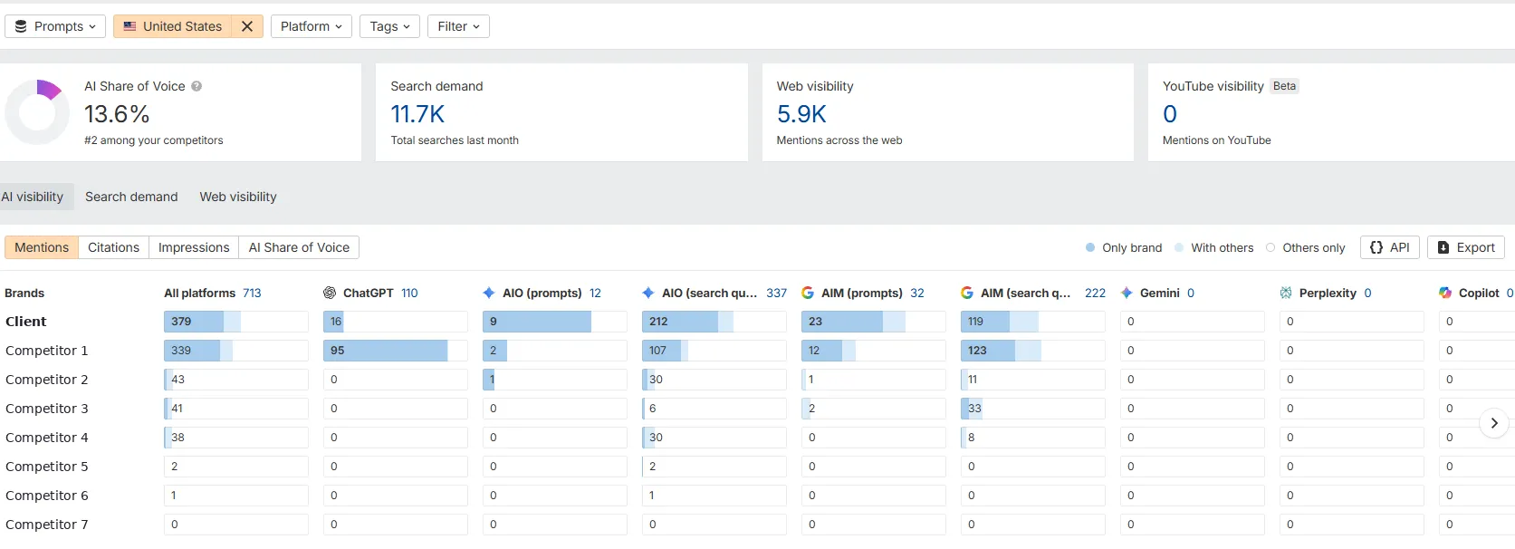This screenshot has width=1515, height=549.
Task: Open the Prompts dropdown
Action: tap(55, 26)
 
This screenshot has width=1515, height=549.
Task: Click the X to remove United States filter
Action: tap(247, 26)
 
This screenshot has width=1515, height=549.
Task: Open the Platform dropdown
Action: tap(312, 26)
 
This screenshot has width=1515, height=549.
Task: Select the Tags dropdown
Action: tap(389, 26)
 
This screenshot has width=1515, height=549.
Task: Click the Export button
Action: tap(1465, 247)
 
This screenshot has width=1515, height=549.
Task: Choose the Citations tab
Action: tap(113, 247)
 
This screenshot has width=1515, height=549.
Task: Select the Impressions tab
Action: tap(194, 247)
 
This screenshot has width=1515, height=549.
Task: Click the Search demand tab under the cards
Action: tap(131, 197)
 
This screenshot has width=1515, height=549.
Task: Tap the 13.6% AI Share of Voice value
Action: tap(117, 114)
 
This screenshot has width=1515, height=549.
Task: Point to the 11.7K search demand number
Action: tap(417, 114)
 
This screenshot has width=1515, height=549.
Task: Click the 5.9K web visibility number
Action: tap(801, 114)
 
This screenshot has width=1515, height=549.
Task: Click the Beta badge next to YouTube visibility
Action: tap(1284, 86)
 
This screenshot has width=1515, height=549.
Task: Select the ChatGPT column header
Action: tap(370, 294)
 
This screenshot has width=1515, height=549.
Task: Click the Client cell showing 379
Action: tap(236, 322)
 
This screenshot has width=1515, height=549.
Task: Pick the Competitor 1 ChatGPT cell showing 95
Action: tap(395, 351)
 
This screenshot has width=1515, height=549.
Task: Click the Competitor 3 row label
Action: tap(47, 409)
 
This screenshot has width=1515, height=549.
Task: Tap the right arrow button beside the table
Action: tap(1494, 424)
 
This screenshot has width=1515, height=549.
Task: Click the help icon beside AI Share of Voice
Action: tap(197, 86)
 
